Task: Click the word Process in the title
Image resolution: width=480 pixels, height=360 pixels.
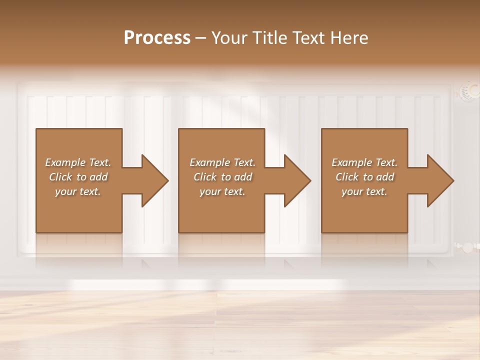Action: point(157,38)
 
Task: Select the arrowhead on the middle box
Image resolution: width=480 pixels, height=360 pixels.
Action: point(297,180)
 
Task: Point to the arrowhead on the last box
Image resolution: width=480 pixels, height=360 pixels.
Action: point(440,180)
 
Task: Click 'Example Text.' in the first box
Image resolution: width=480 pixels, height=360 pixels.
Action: point(78,162)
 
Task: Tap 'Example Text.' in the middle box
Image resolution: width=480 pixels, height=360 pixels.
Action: point(222,162)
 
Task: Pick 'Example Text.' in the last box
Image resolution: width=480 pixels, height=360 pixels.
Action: point(364,162)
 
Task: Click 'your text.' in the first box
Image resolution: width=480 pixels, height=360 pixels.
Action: point(78,191)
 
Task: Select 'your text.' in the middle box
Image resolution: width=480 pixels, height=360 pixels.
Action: point(222,191)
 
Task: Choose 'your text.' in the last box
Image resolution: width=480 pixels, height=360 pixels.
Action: point(364,191)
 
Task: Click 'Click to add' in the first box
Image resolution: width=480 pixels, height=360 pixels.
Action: point(78,177)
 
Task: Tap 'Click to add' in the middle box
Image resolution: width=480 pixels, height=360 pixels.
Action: point(222,177)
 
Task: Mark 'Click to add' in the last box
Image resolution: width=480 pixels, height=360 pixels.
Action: point(364,177)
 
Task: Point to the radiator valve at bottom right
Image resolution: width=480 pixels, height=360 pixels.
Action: point(466,247)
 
